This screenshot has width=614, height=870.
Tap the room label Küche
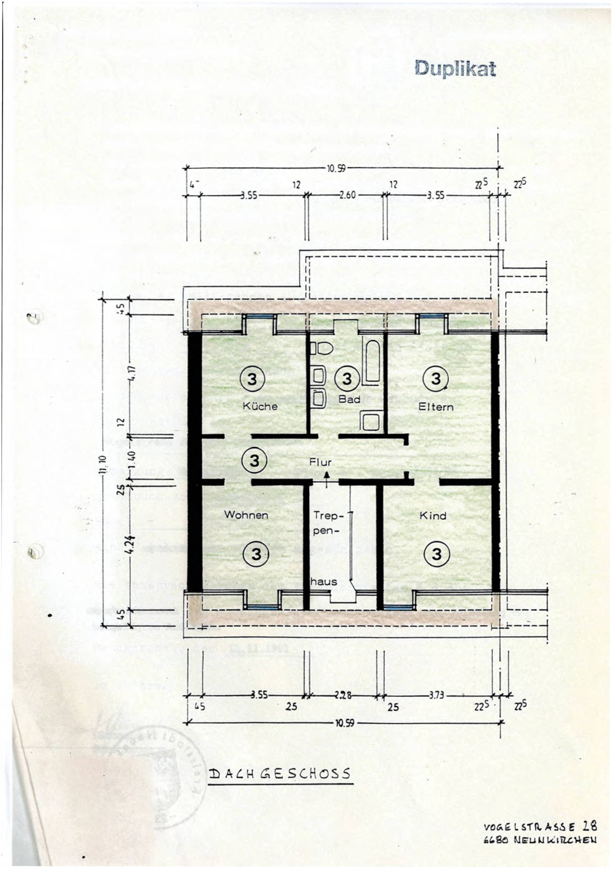260,406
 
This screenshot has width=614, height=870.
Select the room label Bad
349,399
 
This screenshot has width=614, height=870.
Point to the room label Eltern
436,407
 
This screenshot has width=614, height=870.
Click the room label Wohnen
246,515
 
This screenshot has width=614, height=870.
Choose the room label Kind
433,516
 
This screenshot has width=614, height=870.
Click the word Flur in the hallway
320,462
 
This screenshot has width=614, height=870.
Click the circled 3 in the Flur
255,461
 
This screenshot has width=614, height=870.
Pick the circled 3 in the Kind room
437,554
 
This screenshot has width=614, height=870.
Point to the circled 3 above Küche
252,379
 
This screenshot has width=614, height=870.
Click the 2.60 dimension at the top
347,196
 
